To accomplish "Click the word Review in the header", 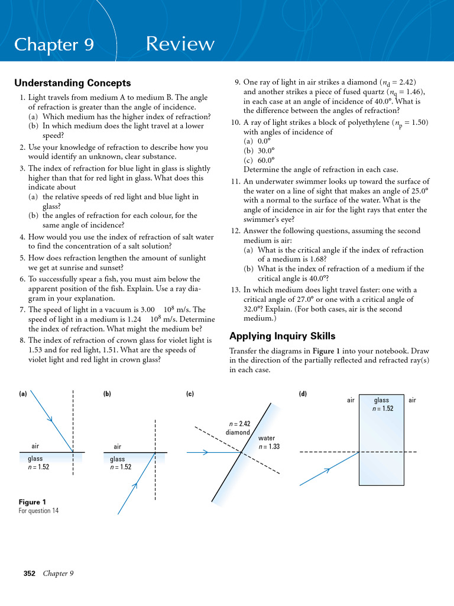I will pyautogui.click(x=180, y=44).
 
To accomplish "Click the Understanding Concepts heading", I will pyautogui.click(x=72, y=83).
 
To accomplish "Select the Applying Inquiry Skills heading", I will pyautogui.click(x=282, y=336).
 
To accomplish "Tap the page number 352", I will pyautogui.click(x=30, y=573).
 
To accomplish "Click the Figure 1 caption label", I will pyautogui.click(x=33, y=502).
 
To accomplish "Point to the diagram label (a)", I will pyautogui.click(x=23, y=394).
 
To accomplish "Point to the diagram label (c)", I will pyautogui.click(x=190, y=394).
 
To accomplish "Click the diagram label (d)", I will pyautogui.click(x=303, y=394).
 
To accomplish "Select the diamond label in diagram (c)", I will pyautogui.click(x=238, y=432).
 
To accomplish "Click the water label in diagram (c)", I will pyautogui.click(x=267, y=438).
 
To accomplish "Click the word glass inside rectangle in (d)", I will pyautogui.click(x=382, y=401).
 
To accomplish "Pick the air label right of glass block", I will pyautogui.click(x=412, y=401).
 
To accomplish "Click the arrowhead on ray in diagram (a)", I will pyautogui.click(x=51, y=420).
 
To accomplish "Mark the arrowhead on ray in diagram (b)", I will pyautogui.click(x=135, y=485).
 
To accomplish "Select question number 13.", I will pyautogui.click(x=235, y=290).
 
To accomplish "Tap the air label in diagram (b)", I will pyautogui.click(x=118, y=446).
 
